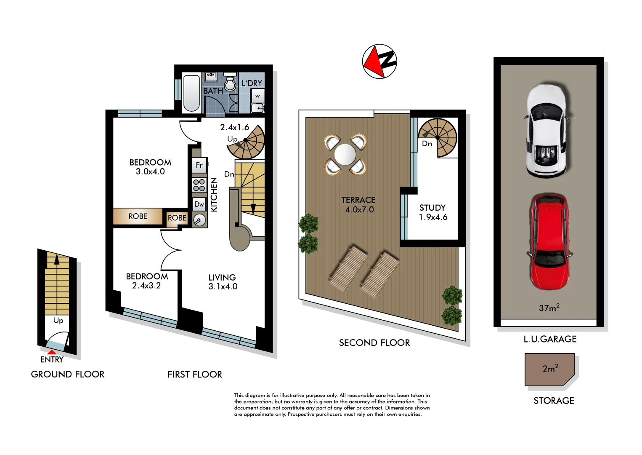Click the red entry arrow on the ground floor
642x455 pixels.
(51, 352)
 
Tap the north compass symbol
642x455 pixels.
(379, 62)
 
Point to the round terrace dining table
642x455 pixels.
(345, 155)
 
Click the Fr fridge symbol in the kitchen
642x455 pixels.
(199, 165)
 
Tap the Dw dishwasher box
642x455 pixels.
(199, 204)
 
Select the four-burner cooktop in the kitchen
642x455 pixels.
(199, 185)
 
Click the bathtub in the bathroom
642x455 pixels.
(191, 93)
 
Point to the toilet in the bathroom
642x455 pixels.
(230, 83)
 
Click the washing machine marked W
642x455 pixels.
(257, 96)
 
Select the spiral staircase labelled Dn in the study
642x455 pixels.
(438, 137)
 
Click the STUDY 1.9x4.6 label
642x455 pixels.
(432, 212)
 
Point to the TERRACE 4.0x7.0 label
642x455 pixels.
(358, 205)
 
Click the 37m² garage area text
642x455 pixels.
(549, 308)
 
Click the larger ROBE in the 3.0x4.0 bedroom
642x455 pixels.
(138, 216)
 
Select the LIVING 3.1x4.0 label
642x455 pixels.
(223, 282)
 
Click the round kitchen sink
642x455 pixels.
(199, 220)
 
